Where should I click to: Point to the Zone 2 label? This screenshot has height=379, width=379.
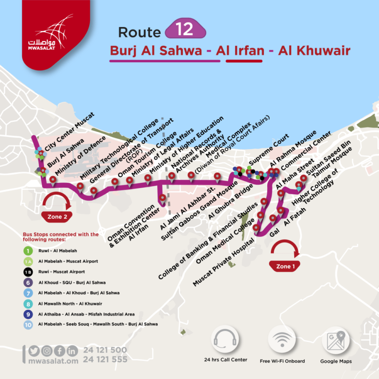59,217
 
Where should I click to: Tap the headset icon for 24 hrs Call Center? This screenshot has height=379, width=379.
226,339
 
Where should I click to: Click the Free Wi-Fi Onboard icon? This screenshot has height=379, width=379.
282,339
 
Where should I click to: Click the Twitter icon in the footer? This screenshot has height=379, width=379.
33,351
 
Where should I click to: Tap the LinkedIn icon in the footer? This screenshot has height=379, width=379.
72,351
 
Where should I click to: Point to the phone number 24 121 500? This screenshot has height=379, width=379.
105,350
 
